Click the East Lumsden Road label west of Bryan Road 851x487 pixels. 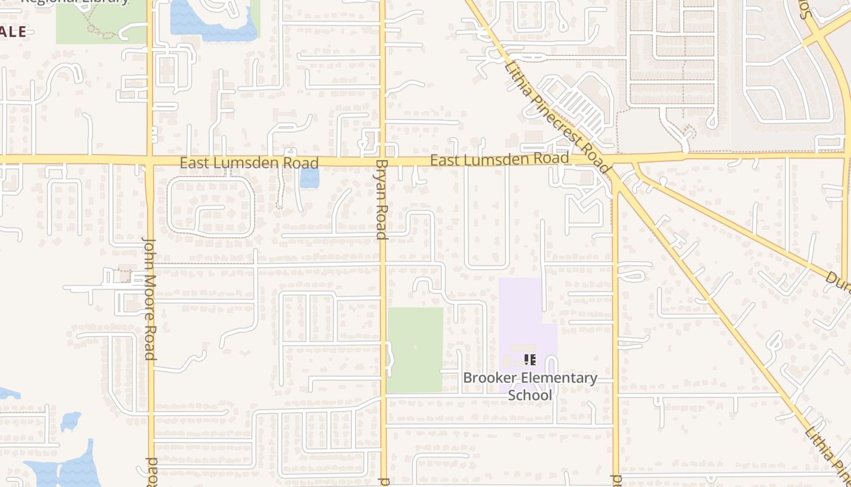[x=249, y=163]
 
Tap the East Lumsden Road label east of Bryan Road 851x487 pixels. [x=500, y=159]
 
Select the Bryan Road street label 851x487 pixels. [x=382, y=199]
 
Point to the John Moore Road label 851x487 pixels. [x=150, y=299]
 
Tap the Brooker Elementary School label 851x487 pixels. [x=530, y=386]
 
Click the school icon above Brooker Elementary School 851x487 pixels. [x=529, y=359]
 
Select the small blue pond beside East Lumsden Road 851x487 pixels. [x=309, y=178]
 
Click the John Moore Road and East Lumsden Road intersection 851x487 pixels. [x=150, y=161]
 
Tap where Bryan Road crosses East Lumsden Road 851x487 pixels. [x=382, y=161]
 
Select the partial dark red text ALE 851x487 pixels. [x=13, y=32]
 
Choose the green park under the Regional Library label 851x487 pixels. [x=100, y=24]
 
